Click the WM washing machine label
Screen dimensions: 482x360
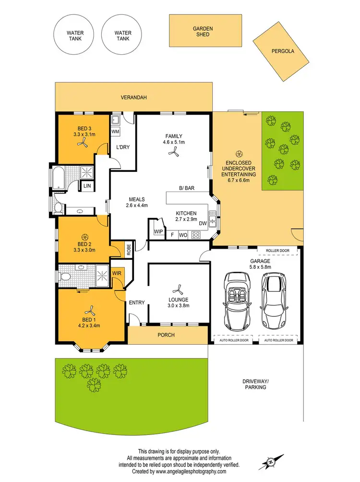(116, 131)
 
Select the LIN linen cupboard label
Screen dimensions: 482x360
(87, 186)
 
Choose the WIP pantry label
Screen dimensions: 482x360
(158, 231)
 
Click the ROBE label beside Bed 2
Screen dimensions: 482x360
(129, 249)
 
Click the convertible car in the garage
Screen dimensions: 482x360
(236, 299)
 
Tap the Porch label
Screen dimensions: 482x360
(167, 335)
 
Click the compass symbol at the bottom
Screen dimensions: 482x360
(271, 462)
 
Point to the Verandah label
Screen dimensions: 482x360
(133, 97)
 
